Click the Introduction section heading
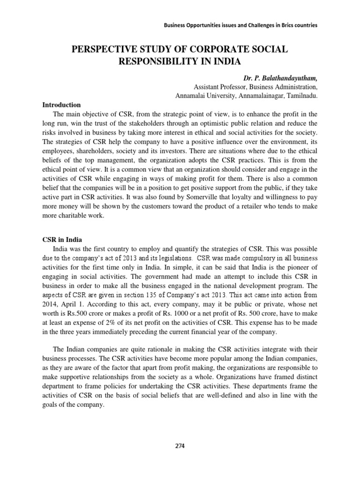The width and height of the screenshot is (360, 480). [x=61, y=105]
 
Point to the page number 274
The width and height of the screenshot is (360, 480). [x=180, y=446]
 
